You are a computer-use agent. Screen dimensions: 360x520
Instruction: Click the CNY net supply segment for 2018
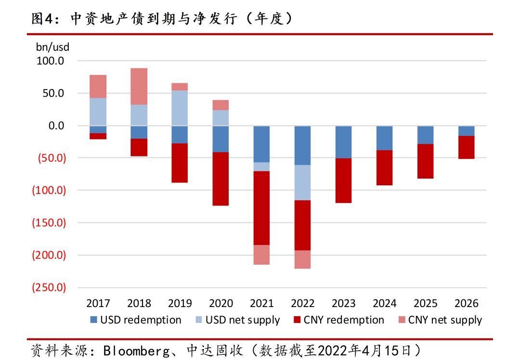(139, 86)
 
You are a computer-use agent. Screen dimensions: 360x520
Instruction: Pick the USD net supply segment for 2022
(302, 182)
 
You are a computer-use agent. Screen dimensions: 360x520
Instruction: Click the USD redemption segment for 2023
(343, 142)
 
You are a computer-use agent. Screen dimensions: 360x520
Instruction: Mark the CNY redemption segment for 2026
(466, 147)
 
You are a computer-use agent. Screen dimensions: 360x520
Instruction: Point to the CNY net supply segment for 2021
(261, 255)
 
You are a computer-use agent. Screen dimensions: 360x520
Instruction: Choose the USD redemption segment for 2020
(221, 139)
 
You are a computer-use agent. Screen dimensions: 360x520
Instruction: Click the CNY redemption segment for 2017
(98, 136)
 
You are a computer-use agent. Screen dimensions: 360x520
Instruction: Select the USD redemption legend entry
(136, 320)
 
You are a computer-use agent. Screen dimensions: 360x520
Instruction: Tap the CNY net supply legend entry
(440, 320)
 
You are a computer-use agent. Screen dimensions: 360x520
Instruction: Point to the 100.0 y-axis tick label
(50, 61)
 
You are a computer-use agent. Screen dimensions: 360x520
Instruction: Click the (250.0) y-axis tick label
(48, 287)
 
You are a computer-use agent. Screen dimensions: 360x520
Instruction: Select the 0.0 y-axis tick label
(54, 126)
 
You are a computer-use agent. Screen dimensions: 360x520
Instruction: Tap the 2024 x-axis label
(384, 303)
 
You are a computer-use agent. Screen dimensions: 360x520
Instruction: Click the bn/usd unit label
(52, 48)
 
